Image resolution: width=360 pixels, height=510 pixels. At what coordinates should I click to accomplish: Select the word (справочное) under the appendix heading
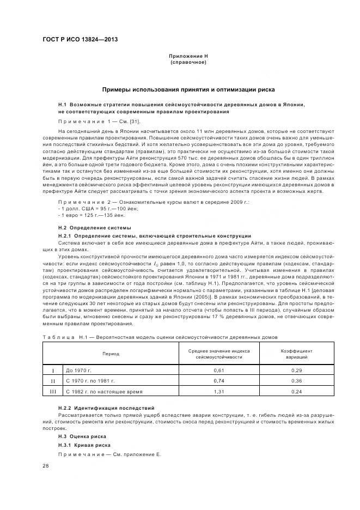(188, 63)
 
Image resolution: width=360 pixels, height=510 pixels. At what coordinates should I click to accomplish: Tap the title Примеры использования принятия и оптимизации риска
(188, 89)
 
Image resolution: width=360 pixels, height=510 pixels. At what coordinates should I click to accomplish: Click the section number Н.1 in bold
(62, 104)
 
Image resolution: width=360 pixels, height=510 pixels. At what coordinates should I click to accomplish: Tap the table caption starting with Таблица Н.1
(160, 338)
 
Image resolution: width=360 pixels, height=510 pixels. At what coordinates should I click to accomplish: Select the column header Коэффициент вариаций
(297, 354)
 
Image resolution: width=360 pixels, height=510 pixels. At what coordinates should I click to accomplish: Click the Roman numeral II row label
(53, 380)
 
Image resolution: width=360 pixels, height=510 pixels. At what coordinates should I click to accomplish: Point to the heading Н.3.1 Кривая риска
(84, 445)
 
